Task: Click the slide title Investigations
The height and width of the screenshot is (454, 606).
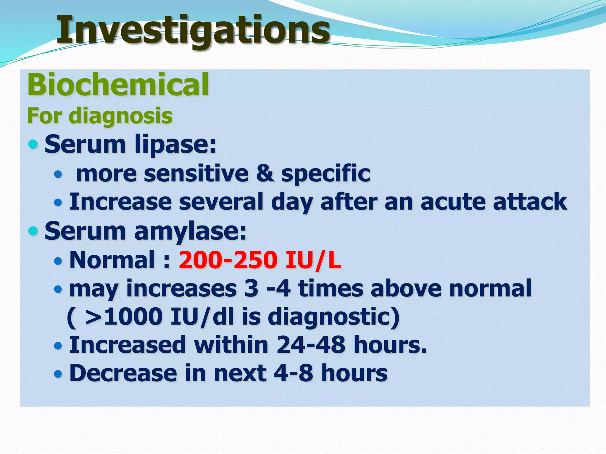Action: tap(193, 30)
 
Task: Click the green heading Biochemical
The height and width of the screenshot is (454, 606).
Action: tap(118, 85)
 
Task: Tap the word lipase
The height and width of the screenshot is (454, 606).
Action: tap(175, 144)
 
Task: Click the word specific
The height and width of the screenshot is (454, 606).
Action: tap(325, 174)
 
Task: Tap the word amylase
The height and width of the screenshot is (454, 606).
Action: tap(190, 231)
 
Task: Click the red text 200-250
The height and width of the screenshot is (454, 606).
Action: tap(228, 260)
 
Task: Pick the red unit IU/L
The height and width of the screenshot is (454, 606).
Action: tap(313, 260)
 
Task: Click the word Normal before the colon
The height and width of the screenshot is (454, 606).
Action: tap(112, 260)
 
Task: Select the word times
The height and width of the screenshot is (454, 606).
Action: tap(330, 288)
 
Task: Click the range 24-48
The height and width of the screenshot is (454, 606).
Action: tap(311, 345)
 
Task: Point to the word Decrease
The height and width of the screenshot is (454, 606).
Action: tap(123, 373)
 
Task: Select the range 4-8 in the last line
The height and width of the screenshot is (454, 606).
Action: tap(293, 373)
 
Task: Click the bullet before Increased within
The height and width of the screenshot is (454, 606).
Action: tap(58, 345)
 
